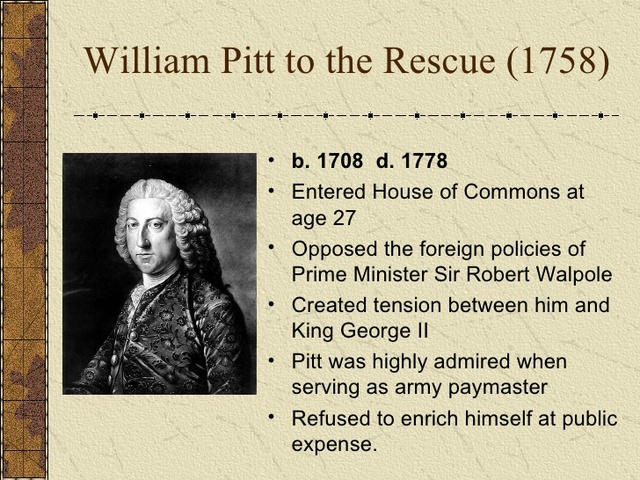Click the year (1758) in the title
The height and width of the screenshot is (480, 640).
[x=556, y=62]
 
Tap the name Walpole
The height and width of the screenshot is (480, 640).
[x=572, y=274]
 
